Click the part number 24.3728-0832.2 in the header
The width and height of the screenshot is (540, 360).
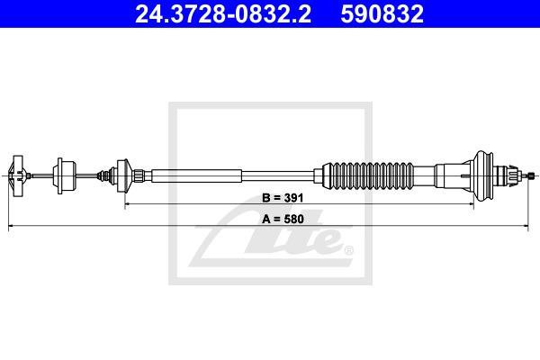pyautogui.click(x=223, y=14)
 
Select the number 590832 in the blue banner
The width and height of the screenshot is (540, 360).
pyautogui.click(x=382, y=14)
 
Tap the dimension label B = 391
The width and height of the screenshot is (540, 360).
pyautogui.click(x=283, y=198)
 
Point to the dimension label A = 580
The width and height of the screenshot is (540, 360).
pyautogui.click(x=283, y=219)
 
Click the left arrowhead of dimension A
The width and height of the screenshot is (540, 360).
pyautogui.click(x=11, y=226)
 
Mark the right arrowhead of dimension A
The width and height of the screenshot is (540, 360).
pyautogui.click(x=526, y=226)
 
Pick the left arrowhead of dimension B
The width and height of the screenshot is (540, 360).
pyautogui.click(x=128, y=204)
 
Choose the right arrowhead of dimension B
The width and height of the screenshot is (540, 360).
pyautogui.click(x=471, y=204)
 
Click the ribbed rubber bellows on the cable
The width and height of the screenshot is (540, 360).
pyautogui.click(x=368, y=175)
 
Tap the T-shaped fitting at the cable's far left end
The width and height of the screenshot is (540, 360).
pyautogui.click(x=16, y=176)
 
